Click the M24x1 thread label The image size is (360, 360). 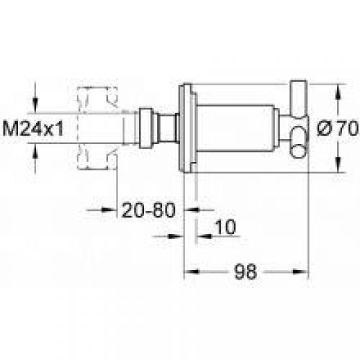(33, 129)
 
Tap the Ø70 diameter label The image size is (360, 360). (338, 128)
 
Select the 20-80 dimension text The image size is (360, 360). (148, 210)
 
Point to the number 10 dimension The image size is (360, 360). (225, 227)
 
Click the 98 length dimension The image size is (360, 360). (246, 271)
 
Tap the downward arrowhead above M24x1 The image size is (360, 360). (35, 105)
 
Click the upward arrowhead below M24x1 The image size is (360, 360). (35, 150)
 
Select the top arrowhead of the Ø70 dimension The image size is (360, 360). (338, 91)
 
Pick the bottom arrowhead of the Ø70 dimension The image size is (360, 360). (338, 165)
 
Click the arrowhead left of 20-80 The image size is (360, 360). (109, 210)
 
